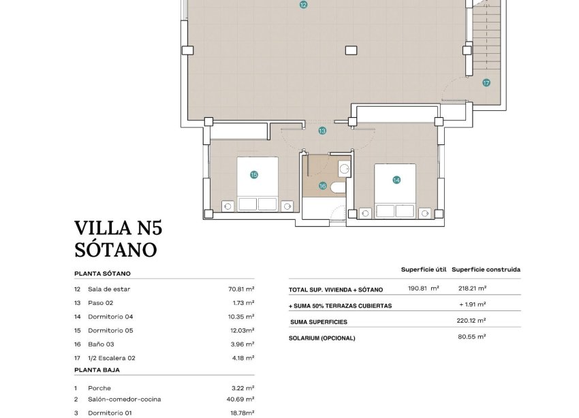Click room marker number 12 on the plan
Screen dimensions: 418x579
tap(303, 5)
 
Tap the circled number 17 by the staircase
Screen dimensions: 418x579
tap(486, 83)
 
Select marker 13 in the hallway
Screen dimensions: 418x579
tap(322, 130)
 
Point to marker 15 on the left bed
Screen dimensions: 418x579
tap(254, 175)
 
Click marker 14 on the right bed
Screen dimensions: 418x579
tap(396, 180)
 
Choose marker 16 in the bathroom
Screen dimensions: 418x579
tap(323, 185)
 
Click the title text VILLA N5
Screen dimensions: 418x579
tap(119, 227)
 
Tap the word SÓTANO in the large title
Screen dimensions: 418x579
tap(115, 250)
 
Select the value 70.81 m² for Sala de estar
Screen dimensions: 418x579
tap(241, 289)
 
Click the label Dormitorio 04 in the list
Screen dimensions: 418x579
tap(110, 317)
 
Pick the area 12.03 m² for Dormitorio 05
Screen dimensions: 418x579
tap(241, 330)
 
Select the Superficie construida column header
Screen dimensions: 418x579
tap(486, 270)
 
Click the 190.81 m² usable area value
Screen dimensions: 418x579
tap(423, 289)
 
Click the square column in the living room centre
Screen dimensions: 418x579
tap(350, 49)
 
